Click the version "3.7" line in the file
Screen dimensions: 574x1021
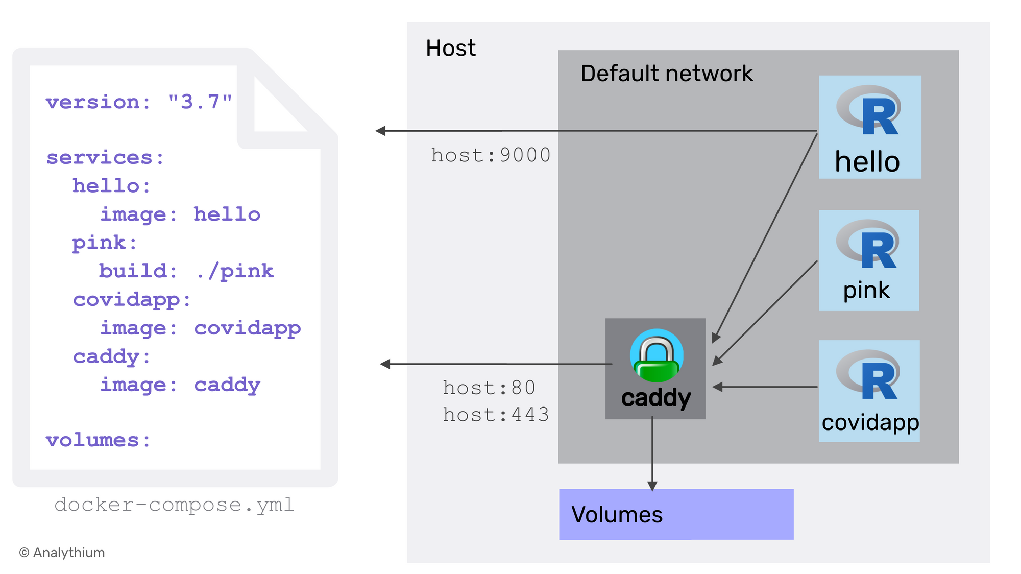click(139, 102)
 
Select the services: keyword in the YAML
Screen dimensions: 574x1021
click(105, 158)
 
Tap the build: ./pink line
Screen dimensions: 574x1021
click(186, 271)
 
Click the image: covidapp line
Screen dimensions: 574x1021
click(200, 328)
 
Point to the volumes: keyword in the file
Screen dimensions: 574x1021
click(98, 440)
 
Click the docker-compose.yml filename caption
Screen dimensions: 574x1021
click(175, 505)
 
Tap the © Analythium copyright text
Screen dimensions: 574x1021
click(62, 553)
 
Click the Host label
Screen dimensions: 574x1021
click(450, 49)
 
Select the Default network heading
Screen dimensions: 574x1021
click(666, 74)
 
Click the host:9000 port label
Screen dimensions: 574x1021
click(491, 155)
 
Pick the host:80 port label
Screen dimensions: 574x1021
click(489, 388)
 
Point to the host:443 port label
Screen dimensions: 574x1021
click(496, 415)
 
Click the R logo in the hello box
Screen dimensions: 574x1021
click(869, 110)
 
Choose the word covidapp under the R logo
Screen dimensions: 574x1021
click(870, 422)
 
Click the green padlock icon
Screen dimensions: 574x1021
click(657, 356)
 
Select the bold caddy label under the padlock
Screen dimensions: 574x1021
click(655, 397)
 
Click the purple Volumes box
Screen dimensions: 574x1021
click(676, 514)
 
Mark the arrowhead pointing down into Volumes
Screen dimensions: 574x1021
click(652, 486)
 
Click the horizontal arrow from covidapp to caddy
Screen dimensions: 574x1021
click(766, 387)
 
